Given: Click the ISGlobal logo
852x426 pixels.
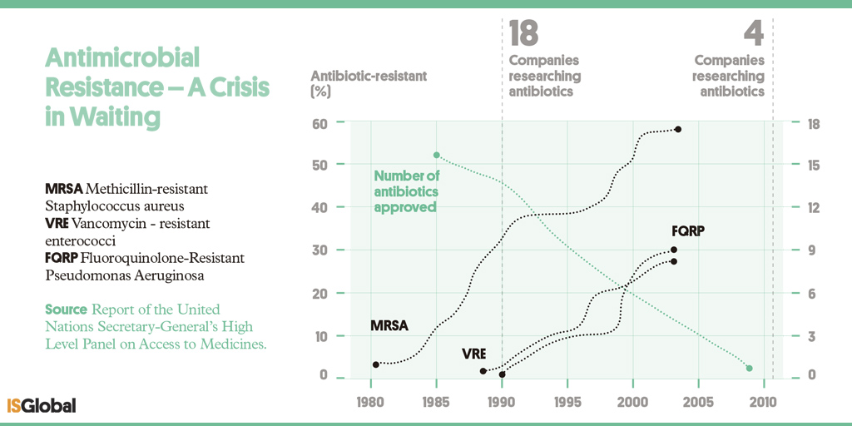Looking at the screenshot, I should [x=42, y=405].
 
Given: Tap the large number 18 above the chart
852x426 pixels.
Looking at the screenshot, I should [x=523, y=34].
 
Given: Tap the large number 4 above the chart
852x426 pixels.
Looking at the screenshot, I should [x=753, y=34].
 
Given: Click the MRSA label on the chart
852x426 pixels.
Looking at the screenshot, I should [x=389, y=326].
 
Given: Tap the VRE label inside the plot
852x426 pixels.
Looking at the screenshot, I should [x=473, y=354].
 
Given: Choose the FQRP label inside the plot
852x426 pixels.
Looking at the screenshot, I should [x=688, y=231].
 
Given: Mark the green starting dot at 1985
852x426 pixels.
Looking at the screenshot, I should [x=436, y=155].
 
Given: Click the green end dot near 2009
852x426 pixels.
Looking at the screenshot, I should [x=750, y=368].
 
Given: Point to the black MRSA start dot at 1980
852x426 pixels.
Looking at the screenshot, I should [x=376, y=364].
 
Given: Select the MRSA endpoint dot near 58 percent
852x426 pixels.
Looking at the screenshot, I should [x=678, y=129].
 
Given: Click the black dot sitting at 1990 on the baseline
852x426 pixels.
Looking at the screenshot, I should [x=502, y=374].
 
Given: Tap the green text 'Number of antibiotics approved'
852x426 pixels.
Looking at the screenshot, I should [x=406, y=191].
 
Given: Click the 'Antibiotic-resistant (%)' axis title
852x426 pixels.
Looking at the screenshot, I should [x=368, y=83].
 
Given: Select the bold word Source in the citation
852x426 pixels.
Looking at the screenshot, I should [x=66, y=310].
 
